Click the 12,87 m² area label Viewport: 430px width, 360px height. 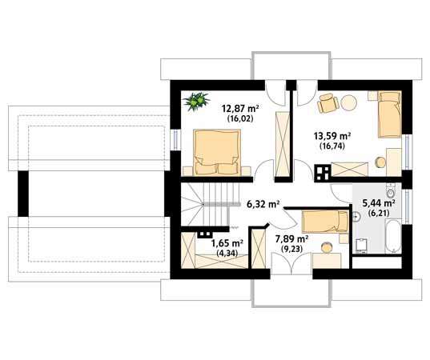coord(240,109)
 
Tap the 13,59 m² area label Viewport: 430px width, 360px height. coord(332,136)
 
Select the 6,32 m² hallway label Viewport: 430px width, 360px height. coord(263,204)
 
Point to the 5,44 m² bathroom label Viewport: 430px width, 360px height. coord(379,203)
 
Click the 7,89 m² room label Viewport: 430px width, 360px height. coord(291,239)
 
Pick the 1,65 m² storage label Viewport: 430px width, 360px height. coord(227,242)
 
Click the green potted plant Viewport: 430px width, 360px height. coord(197,102)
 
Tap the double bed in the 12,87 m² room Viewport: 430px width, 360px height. coord(217,153)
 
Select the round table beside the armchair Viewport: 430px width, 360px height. coord(349,102)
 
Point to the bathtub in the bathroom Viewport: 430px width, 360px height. coord(393,236)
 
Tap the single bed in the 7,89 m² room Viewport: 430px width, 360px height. coord(325,222)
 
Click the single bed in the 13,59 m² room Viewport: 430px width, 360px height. coord(390,114)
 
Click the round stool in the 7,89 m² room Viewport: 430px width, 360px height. coord(327,248)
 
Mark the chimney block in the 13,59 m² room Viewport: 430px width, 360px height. coord(322,173)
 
